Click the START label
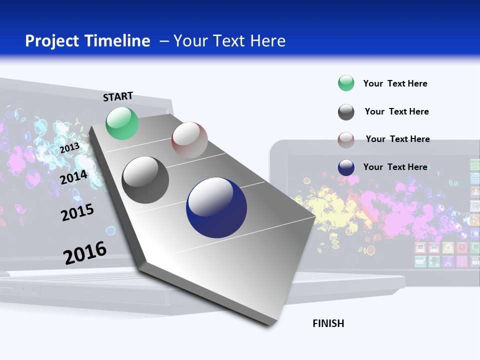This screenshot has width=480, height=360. click(118, 96)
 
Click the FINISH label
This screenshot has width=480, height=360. click(328, 323)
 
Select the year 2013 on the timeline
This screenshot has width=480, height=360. click(69, 148)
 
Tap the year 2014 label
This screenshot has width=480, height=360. click(74, 177)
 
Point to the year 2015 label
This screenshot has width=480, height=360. click(77, 212)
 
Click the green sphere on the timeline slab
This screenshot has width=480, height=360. click(122, 123)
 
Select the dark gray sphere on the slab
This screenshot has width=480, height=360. click(145, 180)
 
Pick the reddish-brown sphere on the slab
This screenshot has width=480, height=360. click(189, 140)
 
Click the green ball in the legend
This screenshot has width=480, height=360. click(346, 83)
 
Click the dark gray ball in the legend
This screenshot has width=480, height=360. click(346, 112)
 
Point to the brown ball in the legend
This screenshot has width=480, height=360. click(346, 140)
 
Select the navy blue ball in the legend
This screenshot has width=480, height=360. click(346, 167)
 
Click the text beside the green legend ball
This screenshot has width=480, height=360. click(395, 83)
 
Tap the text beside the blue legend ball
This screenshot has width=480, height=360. click(395, 167)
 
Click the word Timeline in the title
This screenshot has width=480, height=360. click(120, 41)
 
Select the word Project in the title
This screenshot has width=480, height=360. click(52, 41)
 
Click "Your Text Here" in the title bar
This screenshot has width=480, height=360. click(229, 41)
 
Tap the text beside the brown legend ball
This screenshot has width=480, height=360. click(397, 139)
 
